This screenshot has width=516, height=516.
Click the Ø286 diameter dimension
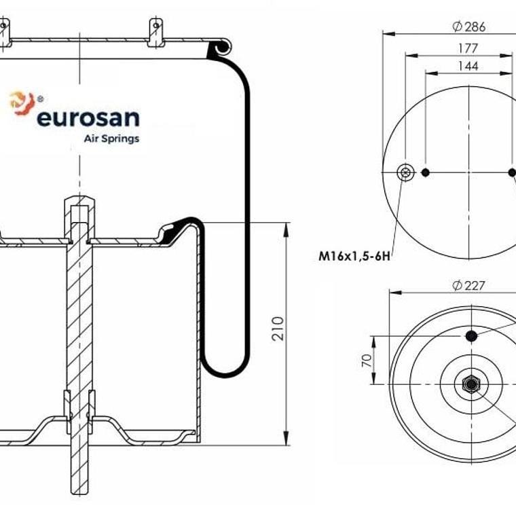pyautogui.click(x=468, y=26)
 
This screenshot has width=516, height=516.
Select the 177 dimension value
pyautogui.click(x=468, y=48)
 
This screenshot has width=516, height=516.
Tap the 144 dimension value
pyautogui.click(x=468, y=66)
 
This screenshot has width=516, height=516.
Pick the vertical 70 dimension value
pyautogui.click(x=366, y=360)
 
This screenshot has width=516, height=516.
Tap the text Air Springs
pyautogui.click(x=111, y=139)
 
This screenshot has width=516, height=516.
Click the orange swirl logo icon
pyautogui.click(x=21, y=103)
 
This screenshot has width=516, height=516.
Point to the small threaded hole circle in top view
pyautogui.click(x=406, y=172)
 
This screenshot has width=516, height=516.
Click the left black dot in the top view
pyautogui.click(x=426, y=172)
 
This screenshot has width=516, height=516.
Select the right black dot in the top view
pyautogui.click(x=512, y=172)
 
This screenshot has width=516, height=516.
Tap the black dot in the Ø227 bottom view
pyautogui.click(x=471, y=335)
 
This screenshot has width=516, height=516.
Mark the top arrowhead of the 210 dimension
pyautogui.click(x=286, y=227)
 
